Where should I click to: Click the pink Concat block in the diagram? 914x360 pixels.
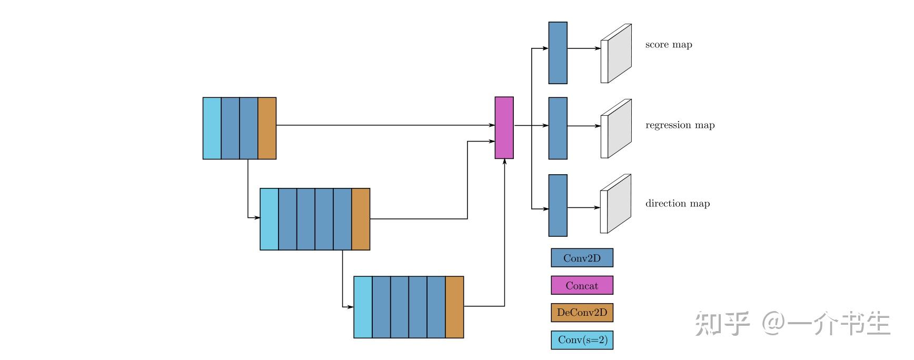pos(504,127)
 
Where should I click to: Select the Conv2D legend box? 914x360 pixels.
pos(582,258)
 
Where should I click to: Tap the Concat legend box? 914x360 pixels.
pos(582,285)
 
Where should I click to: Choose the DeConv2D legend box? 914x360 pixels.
pos(582,313)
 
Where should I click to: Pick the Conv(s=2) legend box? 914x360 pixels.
pos(582,340)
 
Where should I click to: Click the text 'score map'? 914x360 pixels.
pos(668,45)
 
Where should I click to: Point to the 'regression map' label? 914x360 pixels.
pos(680,125)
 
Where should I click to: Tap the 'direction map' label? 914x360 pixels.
pos(677,204)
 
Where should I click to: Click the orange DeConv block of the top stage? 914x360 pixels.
pos(267,128)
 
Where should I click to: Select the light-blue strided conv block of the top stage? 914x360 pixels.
pos(212,128)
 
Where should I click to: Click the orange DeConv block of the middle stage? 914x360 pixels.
pos(361,219)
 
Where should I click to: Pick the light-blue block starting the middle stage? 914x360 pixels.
pos(269,219)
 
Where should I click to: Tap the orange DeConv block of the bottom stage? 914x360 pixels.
pos(454,307)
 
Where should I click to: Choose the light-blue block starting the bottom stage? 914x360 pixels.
pos(363,307)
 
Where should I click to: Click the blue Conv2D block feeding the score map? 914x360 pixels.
pos(558,53)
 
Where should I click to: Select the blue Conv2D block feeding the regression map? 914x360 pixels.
pos(558,128)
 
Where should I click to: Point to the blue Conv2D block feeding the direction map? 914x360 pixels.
pos(558,205)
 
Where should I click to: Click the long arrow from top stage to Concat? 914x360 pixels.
pos(384,125)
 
